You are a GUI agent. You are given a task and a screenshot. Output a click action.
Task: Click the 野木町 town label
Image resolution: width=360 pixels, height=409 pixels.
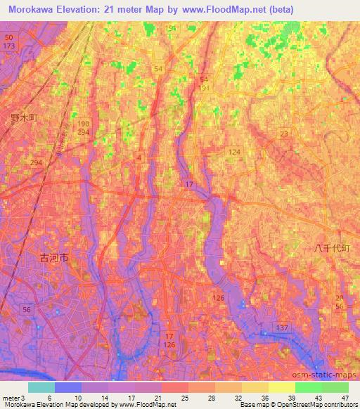23,119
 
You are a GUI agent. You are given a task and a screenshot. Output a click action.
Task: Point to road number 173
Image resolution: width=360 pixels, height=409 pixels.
8,46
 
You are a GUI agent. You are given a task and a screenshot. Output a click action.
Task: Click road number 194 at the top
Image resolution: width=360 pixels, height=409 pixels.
171,28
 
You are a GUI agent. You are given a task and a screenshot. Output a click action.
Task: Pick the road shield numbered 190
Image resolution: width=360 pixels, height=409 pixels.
83,122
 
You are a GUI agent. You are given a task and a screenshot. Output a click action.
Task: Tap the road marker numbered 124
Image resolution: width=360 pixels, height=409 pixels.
234,152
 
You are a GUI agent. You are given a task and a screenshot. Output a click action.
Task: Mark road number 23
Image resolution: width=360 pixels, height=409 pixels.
284,134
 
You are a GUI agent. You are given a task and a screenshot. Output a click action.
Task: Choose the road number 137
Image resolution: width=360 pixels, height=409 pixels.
283,329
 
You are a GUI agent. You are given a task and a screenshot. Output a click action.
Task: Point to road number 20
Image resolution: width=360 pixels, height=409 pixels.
340,298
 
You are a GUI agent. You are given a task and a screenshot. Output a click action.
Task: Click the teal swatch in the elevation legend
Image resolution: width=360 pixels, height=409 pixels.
41,387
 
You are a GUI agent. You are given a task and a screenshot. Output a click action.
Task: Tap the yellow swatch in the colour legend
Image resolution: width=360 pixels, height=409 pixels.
282,387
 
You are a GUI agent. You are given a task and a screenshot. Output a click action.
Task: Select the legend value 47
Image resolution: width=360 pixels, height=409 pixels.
345,398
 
